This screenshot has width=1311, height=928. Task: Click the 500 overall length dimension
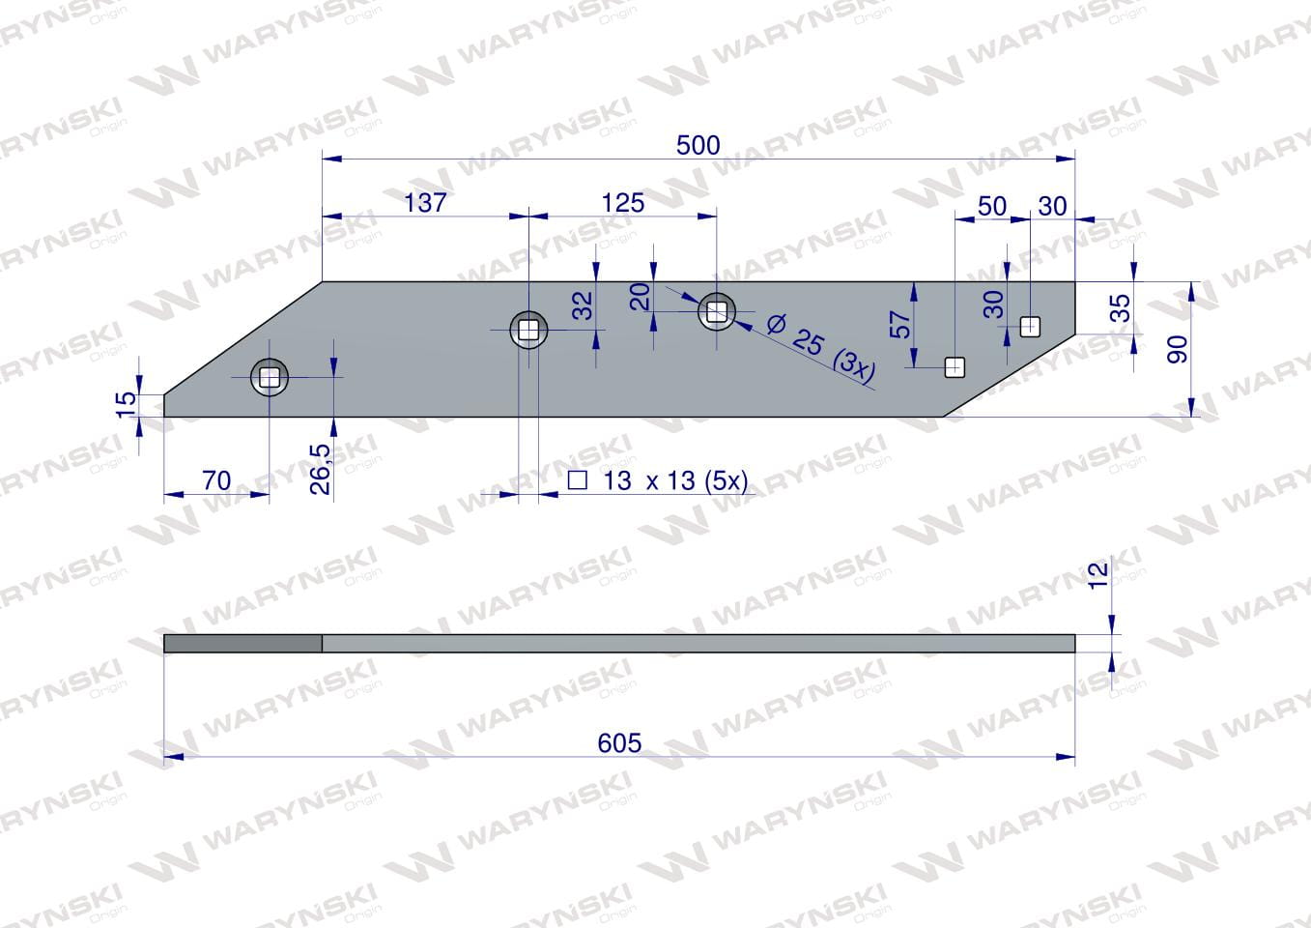coord(698,145)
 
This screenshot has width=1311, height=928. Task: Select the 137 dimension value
coord(425,203)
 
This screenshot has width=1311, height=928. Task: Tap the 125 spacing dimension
coord(623,203)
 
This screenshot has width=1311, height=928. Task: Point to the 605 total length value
coord(619,743)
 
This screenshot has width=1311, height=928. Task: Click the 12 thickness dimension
coord(1098,575)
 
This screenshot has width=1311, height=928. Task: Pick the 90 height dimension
coord(1178,350)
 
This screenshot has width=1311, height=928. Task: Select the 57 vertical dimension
coord(900,325)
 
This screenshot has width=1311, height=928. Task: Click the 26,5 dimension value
coord(320,469)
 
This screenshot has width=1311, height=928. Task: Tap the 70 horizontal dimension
coord(216,480)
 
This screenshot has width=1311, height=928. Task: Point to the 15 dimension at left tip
coord(126,404)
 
